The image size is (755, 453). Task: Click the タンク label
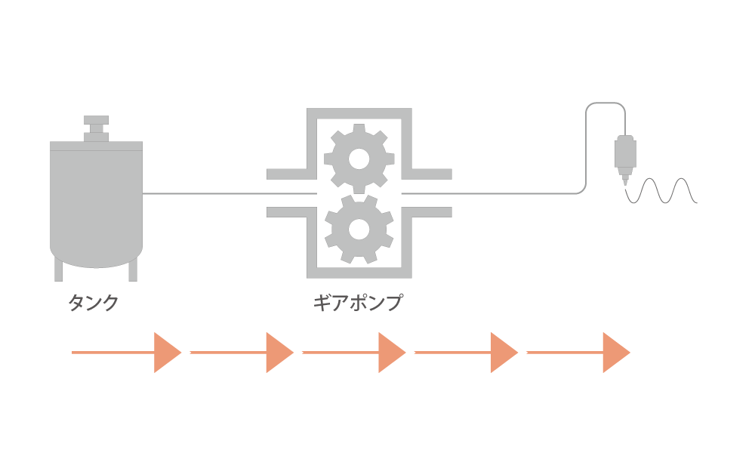(94, 303)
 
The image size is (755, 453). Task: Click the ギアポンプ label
(358, 303)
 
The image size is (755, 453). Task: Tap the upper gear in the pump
(359, 159)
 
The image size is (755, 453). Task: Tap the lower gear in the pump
(359, 230)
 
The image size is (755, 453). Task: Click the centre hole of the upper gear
(359, 159)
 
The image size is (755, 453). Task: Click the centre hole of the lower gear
(359, 230)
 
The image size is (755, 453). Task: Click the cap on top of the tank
(97, 128)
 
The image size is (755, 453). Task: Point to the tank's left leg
(59, 270)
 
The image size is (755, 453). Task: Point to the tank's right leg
(133, 270)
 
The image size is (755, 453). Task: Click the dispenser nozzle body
(625, 153)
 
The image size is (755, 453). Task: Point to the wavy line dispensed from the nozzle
(661, 190)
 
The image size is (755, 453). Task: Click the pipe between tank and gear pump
(230, 193)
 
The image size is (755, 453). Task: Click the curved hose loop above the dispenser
(606, 103)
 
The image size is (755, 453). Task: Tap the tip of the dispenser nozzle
(625, 184)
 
